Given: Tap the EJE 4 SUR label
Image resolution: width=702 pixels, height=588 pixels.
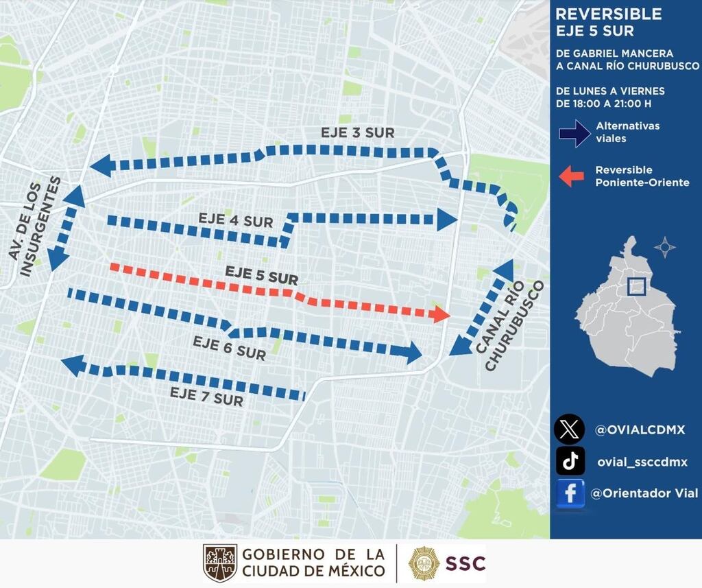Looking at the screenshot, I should (x=235, y=221).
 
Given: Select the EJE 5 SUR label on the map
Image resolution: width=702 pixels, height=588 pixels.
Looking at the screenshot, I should (x=261, y=276).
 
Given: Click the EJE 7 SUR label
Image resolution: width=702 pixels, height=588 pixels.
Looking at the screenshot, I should (x=206, y=397).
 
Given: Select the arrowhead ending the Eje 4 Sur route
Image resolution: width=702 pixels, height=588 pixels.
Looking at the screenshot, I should (x=446, y=220).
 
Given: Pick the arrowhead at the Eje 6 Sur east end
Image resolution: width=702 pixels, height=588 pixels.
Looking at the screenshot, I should (x=412, y=353).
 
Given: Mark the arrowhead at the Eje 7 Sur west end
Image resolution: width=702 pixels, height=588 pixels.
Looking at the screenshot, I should (x=73, y=366).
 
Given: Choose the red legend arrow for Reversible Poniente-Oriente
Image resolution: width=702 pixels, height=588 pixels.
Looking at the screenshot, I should (x=572, y=176).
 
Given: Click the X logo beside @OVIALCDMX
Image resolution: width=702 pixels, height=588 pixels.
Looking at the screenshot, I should (x=569, y=430).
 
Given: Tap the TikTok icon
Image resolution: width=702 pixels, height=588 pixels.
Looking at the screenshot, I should (x=570, y=461).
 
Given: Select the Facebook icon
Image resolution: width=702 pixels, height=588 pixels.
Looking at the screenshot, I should (x=570, y=493).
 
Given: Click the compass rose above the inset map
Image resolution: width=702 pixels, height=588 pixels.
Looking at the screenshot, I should (x=664, y=247).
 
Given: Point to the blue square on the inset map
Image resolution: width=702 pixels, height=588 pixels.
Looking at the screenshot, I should (x=636, y=285).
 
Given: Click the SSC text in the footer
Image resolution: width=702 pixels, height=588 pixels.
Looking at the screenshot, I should (x=465, y=563).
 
